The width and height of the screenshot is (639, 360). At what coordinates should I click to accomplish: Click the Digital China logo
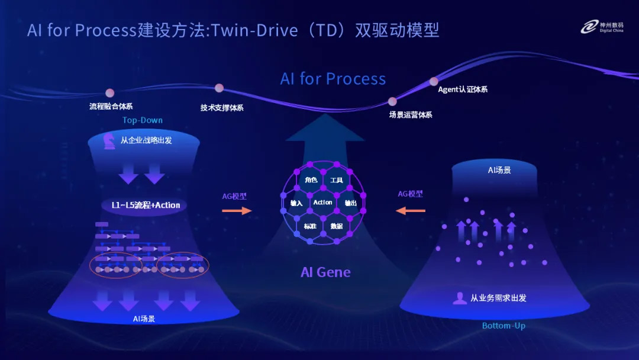tap(600, 27)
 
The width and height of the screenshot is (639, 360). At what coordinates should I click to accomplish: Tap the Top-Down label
tap(143, 120)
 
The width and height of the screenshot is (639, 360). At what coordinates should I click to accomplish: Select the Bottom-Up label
tap(504, 326)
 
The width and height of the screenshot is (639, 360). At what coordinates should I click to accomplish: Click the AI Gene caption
tap(325, 272)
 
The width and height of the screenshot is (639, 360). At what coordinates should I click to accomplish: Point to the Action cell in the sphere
tap(322, 202)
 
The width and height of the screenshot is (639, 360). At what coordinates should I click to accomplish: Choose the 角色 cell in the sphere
tap(311, 180)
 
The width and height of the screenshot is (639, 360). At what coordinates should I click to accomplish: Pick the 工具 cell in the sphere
tap(337, 180)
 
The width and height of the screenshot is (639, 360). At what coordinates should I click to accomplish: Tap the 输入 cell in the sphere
tap(296, 203)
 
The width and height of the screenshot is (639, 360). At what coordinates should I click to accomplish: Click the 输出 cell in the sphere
tap(350, 203)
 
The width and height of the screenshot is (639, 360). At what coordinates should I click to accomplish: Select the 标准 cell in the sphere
tap(310, 226)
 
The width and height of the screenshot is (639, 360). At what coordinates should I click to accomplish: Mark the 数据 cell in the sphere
tap(337, 226)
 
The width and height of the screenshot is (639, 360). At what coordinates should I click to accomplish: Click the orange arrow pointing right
tap(237, 210)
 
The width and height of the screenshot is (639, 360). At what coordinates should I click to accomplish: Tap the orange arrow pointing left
tap(411, 210)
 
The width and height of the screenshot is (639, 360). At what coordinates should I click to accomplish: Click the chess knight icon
tap(109, 141)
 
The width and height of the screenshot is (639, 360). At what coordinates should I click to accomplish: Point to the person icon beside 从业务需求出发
tap(459, 298)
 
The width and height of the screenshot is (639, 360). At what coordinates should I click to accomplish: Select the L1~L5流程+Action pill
tap(146, 205)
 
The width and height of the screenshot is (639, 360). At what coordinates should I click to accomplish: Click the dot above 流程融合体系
tap(109, 92)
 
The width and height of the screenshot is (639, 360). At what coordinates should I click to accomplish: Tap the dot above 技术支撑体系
tap(220, 88)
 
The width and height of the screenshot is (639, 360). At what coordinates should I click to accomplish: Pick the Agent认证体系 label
tap(463, 90)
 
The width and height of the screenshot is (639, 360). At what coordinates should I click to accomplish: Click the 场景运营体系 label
tap(411, 115)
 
